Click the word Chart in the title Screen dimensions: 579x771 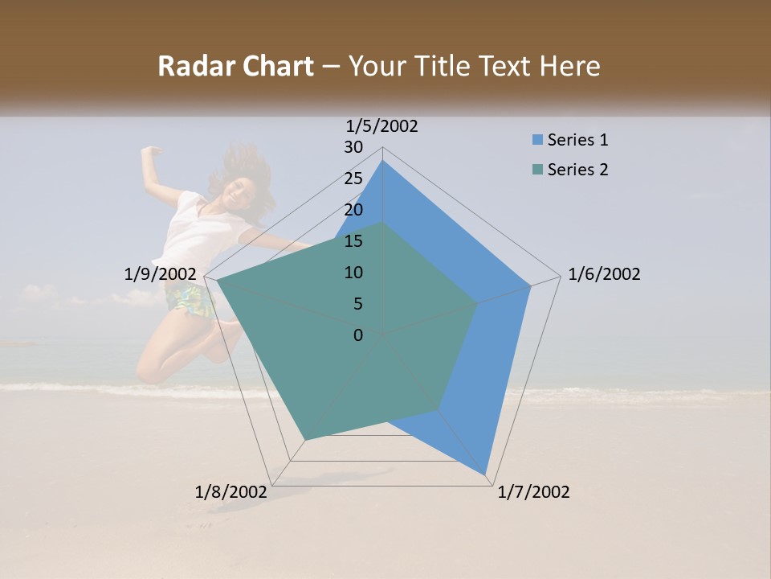[x=276, y=67]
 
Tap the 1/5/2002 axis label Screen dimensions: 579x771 [x=382, y=126]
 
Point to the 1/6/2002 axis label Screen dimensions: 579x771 [x=604, y=274]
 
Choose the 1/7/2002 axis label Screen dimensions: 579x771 [x=533, y=492]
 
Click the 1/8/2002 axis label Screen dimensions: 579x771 [x=231, y=492]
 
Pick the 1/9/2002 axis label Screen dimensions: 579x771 [x=161, y=274]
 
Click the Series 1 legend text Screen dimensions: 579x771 [x=577, y=140]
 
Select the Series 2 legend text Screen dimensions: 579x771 [x=577, y=170]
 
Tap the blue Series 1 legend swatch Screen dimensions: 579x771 [x=536, y=140]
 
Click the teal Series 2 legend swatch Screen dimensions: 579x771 [x=536, y=170]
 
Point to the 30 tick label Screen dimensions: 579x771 [x=353, y=147]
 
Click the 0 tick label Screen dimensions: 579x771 [x=358, y=335]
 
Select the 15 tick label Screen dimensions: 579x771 [x=353, y=241]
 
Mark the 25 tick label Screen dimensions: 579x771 [x=353, y=179]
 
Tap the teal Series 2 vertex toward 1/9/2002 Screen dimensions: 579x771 [x=217, y=281]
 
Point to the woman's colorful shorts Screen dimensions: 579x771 [x=190, y=300]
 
